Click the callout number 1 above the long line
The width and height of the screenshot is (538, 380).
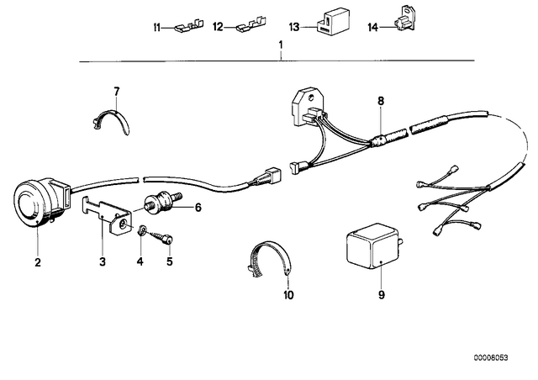(281, 45)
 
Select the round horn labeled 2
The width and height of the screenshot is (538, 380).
(42, 202)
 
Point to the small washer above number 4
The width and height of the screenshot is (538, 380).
(140, 230)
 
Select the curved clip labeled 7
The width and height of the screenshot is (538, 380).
(112, 122)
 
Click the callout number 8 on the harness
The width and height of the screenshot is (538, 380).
(381, 101)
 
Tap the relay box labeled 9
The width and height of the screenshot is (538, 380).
(374, 246)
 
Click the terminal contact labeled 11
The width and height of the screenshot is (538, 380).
(188, 27)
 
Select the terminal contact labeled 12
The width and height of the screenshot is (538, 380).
(251, 26)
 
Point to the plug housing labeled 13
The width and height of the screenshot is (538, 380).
(333, 22)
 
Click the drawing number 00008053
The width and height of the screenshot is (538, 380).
(491, 358)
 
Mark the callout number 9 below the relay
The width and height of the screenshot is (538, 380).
(381, 295)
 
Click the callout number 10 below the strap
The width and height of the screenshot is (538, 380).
(288, 295)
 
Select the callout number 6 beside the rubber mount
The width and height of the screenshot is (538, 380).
(198, 208)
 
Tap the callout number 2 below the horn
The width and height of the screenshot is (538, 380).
(38, 262)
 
